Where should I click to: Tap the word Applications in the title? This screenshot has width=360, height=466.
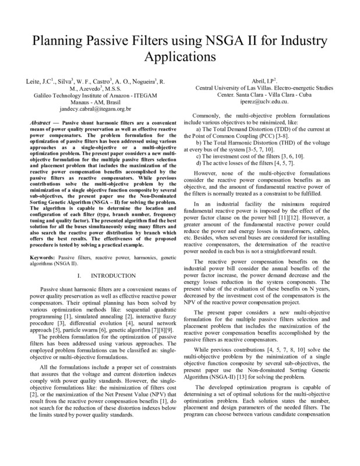pyautogui.click(x=179, y=58)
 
